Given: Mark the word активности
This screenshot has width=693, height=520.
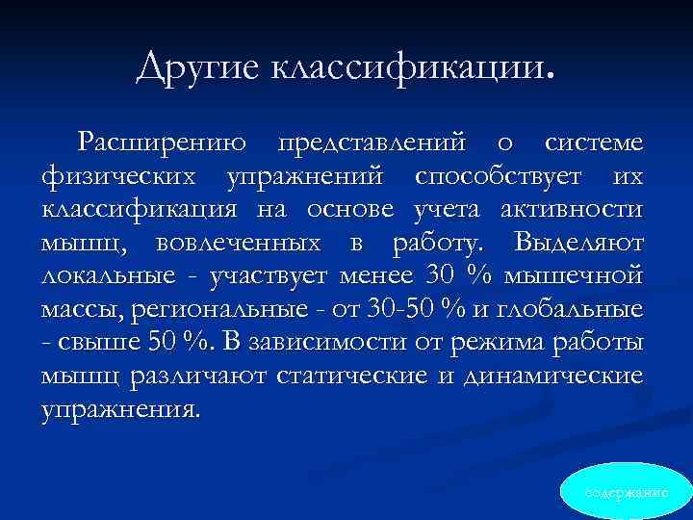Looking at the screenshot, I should [x=575, y=210].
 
